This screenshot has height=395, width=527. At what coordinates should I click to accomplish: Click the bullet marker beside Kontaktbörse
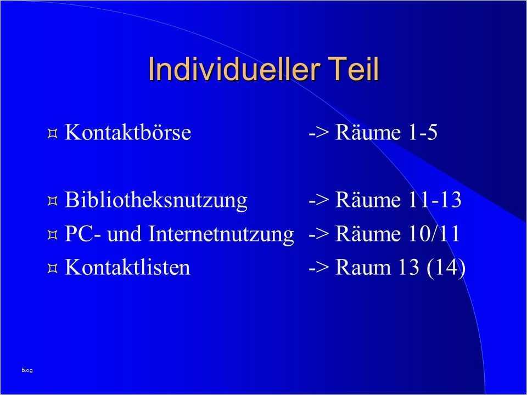point(52,133)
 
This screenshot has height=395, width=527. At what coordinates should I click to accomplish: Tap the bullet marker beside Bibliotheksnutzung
point(52,201)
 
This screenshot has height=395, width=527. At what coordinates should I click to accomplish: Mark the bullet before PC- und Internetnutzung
point(52,235)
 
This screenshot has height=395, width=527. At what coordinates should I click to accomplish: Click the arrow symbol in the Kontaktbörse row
point(318,134)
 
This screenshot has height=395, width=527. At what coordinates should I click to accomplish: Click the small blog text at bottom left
point(27,370)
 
